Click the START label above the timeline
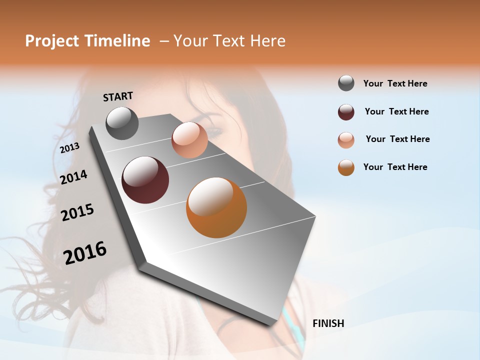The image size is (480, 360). pyautogui.click(x=118, y=96)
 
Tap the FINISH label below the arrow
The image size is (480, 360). pyautogui.click(x=328, y=323)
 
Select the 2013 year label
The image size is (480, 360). pyautogui.click(x=70, y=148)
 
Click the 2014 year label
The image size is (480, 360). pyautogui.click(x=74, y=177)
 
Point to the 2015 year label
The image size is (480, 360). pyautogui.click(x=77, y=212)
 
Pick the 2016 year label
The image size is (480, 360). pyautogui.click(x=85, y=252)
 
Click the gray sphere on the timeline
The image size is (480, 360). pyautogui.click(x=122, y=123)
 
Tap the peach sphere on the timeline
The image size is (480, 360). pyautogui.click(x=189, y=140)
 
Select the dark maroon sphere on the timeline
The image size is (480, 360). pyautogui.click(x=145, y=180)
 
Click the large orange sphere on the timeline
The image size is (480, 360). pyautogui.click(x=216, y=207)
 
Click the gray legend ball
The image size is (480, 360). pyautogui.click(x=346, y=83)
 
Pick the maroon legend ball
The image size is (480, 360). pyautogui.click(x=346, y=112)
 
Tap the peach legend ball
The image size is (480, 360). pyautogui.click(x=346, y=140)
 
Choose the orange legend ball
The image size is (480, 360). pyautogui.click(x=346, y=167)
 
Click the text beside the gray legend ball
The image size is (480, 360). pyautogui.click(x=395, y=83)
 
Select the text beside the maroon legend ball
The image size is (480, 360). pyautogui.click(x=396, y=111)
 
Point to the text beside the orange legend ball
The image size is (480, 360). pyautogui.click(x=395, y=167)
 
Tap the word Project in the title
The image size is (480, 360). pyautogui.click(x=51, y=41)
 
